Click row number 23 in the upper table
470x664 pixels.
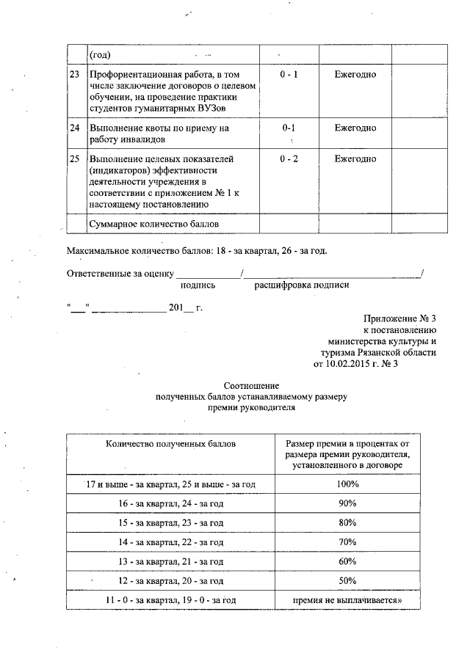(x=74, y=76)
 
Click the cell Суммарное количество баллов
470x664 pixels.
(x=153, y=223)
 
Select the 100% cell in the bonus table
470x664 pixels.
(x=347, y=484)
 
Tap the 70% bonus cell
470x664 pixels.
(x=347, y=541)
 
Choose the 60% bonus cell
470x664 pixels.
(x=347, y=561)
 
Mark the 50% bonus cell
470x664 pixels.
(x=347, y=580)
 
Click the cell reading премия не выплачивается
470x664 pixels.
(x=347, y=600)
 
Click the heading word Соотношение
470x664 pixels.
(x=251, y=385)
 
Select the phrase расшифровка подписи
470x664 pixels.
(x=302, y=285)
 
